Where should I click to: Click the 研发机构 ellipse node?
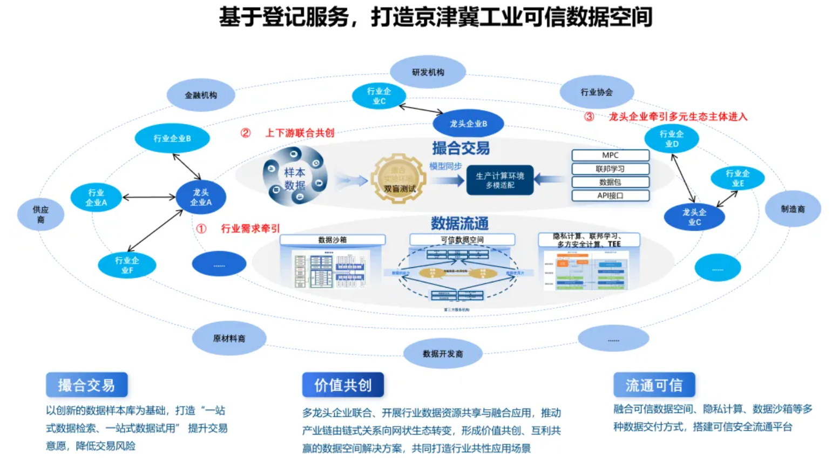428,72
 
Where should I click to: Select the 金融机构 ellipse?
201,95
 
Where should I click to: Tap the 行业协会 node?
597,92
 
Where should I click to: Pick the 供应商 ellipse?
40,214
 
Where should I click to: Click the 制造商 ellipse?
793,209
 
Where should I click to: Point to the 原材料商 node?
229,339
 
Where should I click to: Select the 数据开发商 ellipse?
443,354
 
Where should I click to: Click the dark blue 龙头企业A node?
201,197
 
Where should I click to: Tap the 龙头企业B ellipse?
468,124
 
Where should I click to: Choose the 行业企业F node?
127,265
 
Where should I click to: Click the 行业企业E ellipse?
737,178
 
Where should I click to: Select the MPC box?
610,155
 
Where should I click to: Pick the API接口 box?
610,195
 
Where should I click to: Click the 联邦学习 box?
610,169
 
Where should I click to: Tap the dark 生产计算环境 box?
500,180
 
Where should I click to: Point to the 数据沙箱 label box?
333,240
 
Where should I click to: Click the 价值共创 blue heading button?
343,385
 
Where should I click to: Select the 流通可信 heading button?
654,385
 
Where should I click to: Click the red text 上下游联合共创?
300,133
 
